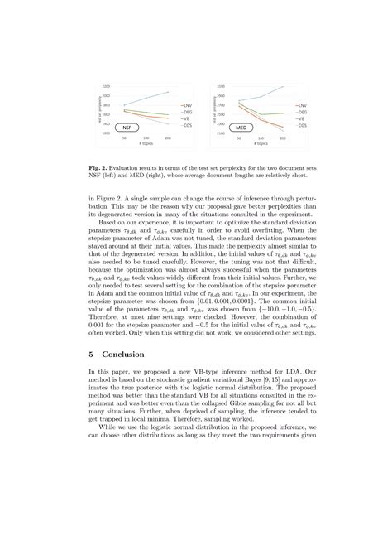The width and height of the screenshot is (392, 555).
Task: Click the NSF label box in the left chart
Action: [x=127, y=128]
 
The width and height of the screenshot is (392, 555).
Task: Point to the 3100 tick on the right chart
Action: [x=220, y=85]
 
